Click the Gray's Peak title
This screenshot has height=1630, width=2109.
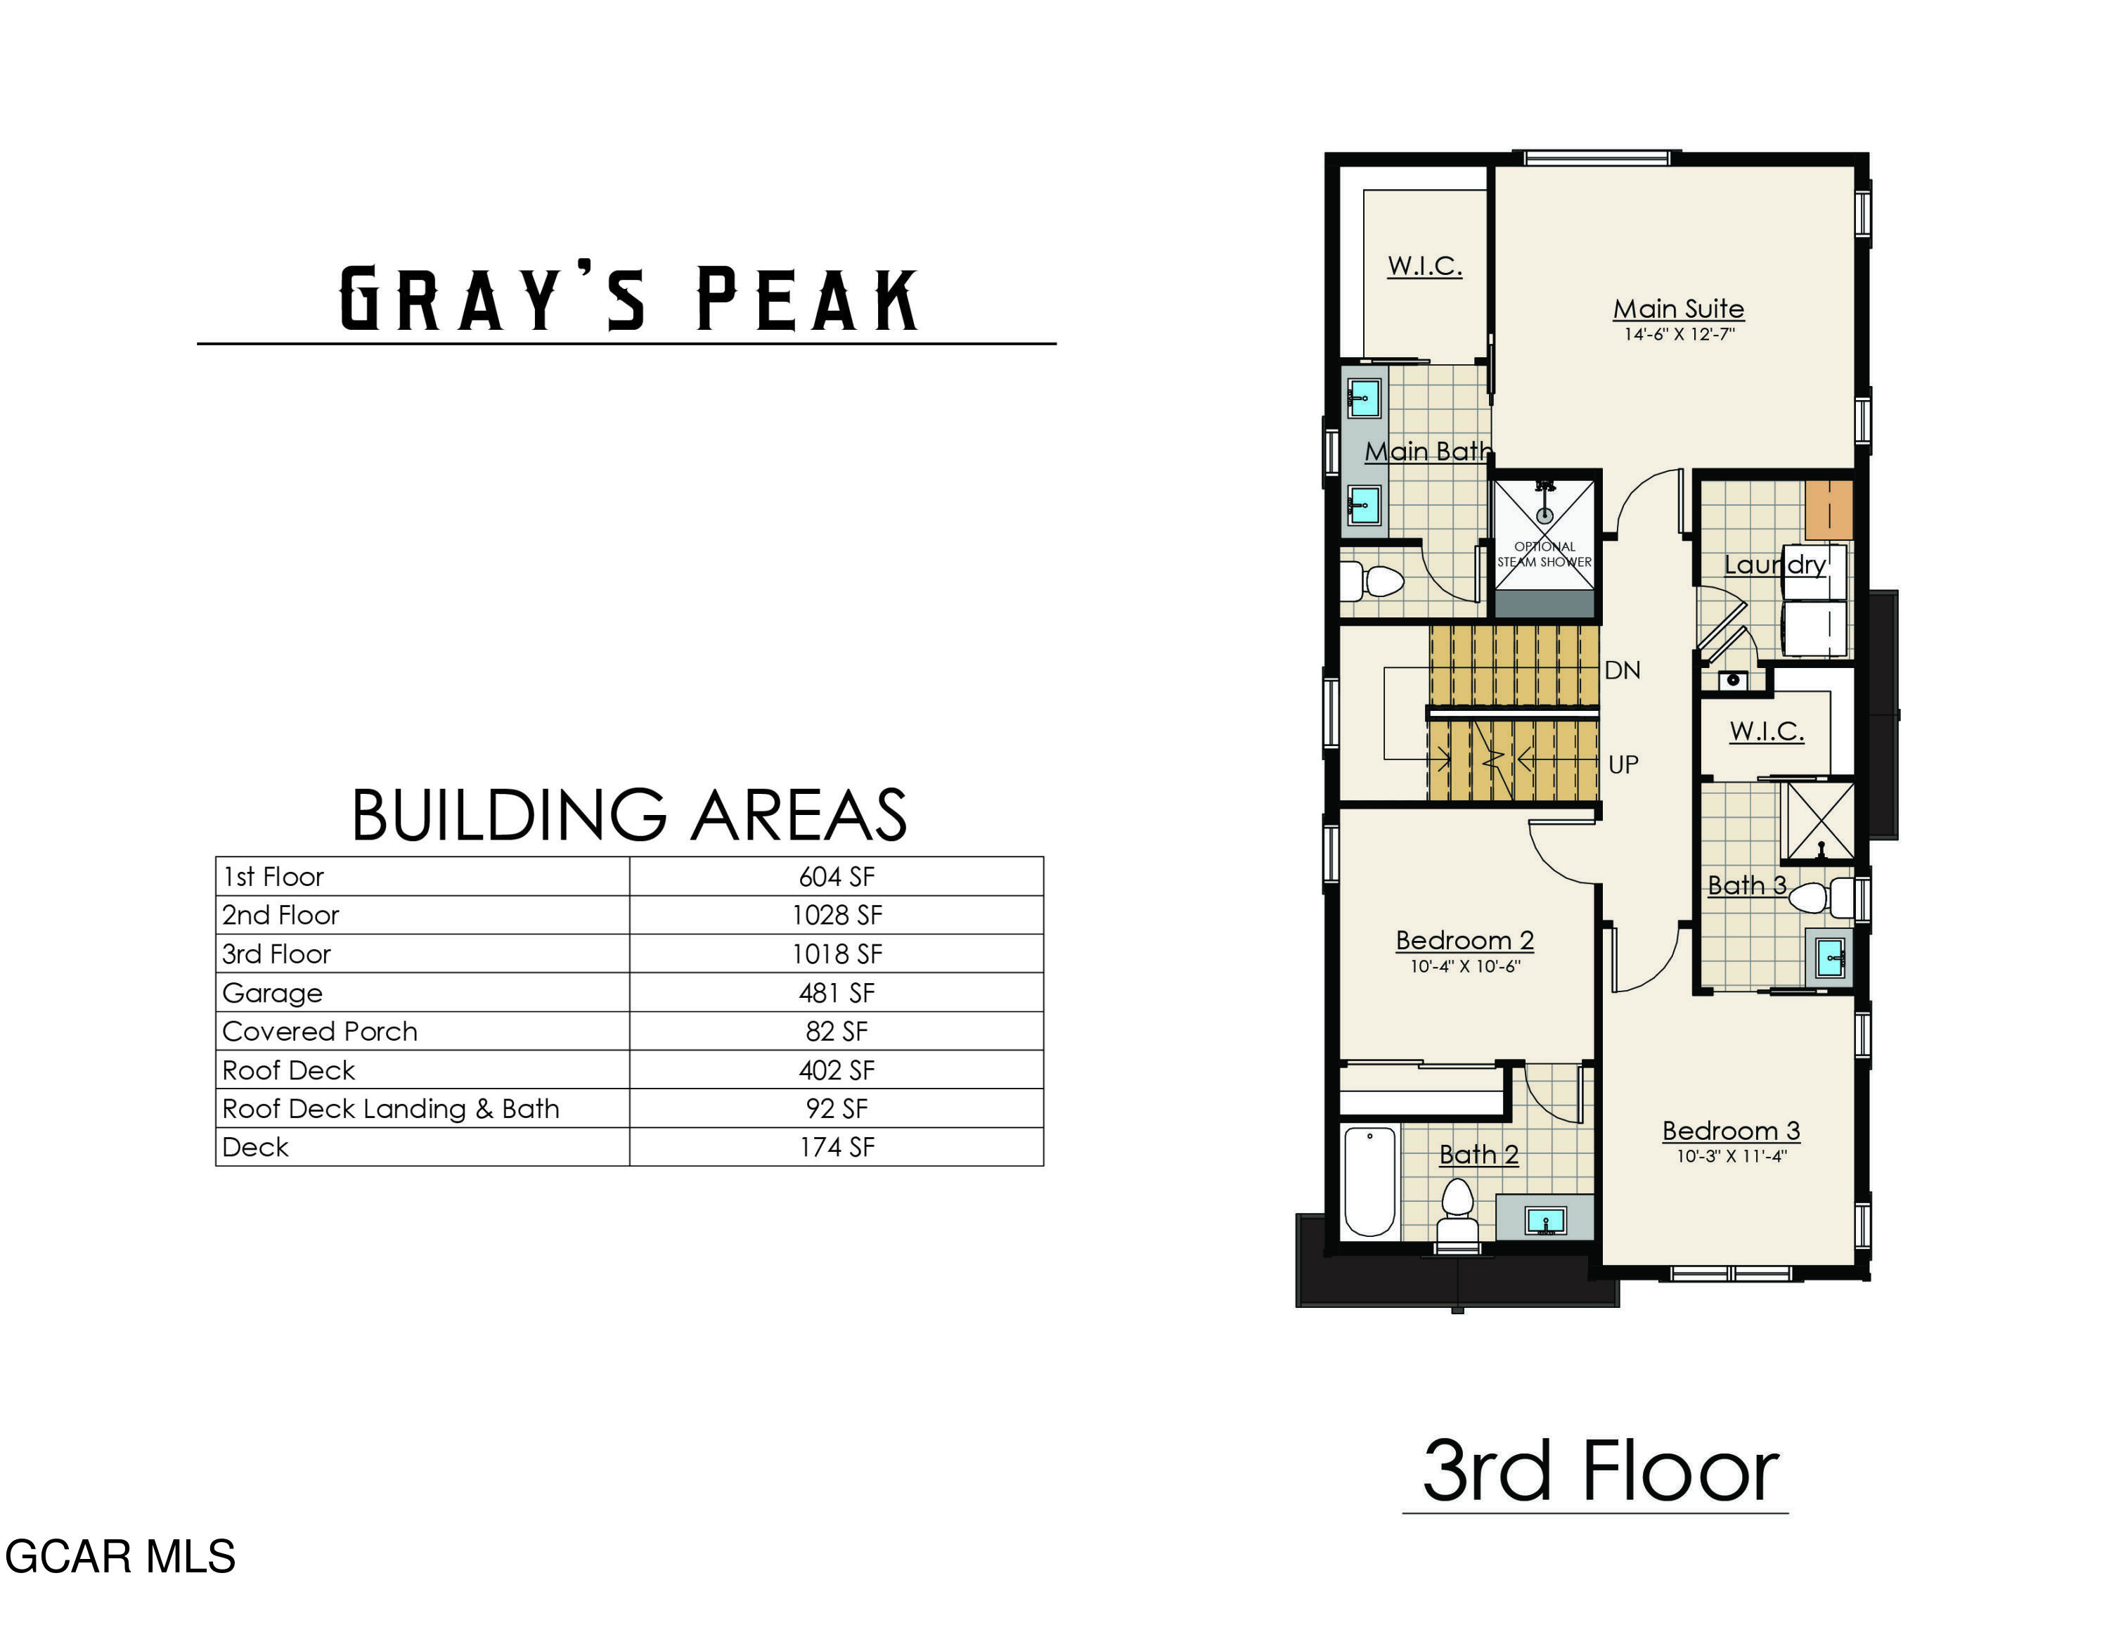pos(628,300)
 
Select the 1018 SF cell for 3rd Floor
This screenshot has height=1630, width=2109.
pos(837,954)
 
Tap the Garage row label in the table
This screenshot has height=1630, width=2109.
pos(272,993)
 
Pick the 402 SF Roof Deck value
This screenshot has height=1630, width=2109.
pos(837,1070)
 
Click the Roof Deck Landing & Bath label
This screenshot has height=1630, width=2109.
pos(390,1108)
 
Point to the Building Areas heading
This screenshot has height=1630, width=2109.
pos(628,815)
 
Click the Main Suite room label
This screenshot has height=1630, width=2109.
pos(1678,309)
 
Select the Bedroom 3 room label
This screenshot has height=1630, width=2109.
pos(1731,1131)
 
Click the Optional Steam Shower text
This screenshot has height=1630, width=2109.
pos(1544,554)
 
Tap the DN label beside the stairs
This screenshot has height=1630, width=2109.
pos(1623,670)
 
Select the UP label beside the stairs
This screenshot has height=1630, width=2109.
pos(1623,765)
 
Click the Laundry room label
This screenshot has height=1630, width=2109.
pos(1774,565)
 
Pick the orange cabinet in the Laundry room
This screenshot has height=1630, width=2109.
pos(1828,510)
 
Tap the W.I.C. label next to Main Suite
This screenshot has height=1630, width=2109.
pos(1424,266)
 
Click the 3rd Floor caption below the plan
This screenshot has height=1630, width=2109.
pos(1599,1472)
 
